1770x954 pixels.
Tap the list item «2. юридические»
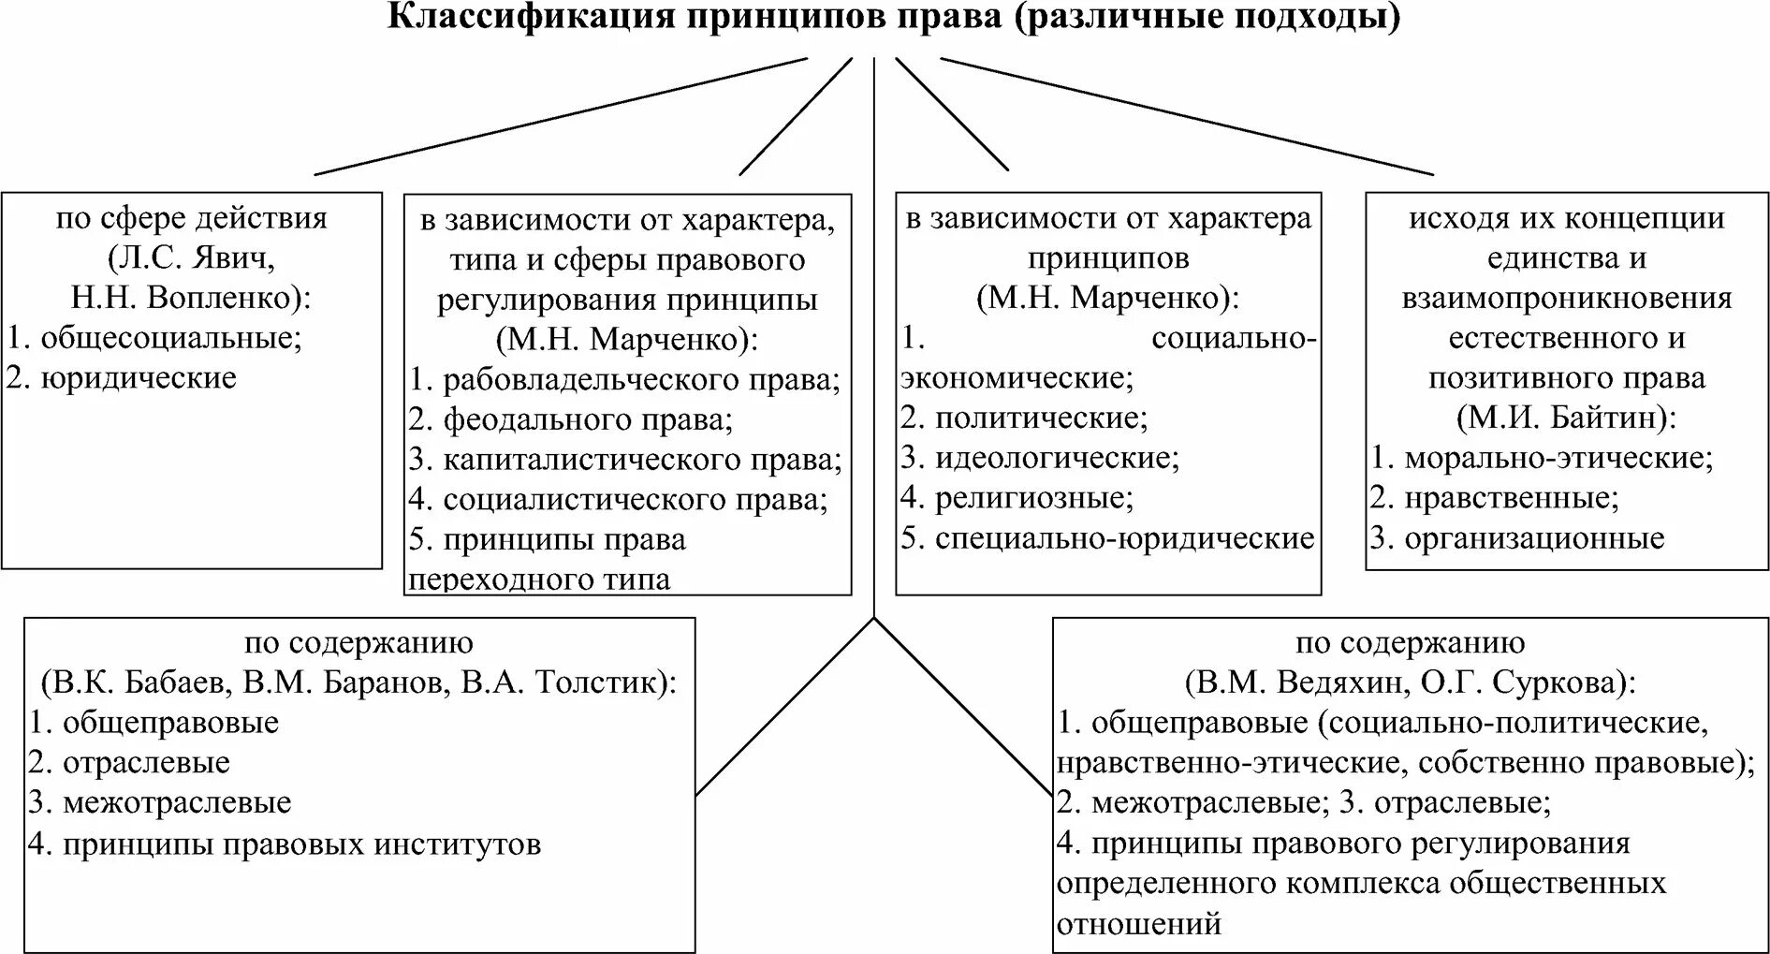(122, 378)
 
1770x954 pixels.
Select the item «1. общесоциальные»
(154, 338)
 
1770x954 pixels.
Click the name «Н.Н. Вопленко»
(183, 298)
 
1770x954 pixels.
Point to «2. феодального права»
(571, 419)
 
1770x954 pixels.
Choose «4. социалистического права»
(619, 500)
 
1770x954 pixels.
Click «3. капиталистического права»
(625, 460)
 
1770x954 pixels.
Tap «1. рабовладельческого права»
(624, 379)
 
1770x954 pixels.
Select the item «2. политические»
(1024, 418)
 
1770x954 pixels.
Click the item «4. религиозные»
(1017, 497)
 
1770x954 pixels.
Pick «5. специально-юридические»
(1107, 538)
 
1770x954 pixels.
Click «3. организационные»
(1517, 538)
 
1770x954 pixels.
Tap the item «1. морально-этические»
(1542, 458)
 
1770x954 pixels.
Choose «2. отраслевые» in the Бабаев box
(129, 763)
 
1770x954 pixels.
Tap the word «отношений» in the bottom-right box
(1139, 924)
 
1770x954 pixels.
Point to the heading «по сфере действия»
(192, 218)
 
